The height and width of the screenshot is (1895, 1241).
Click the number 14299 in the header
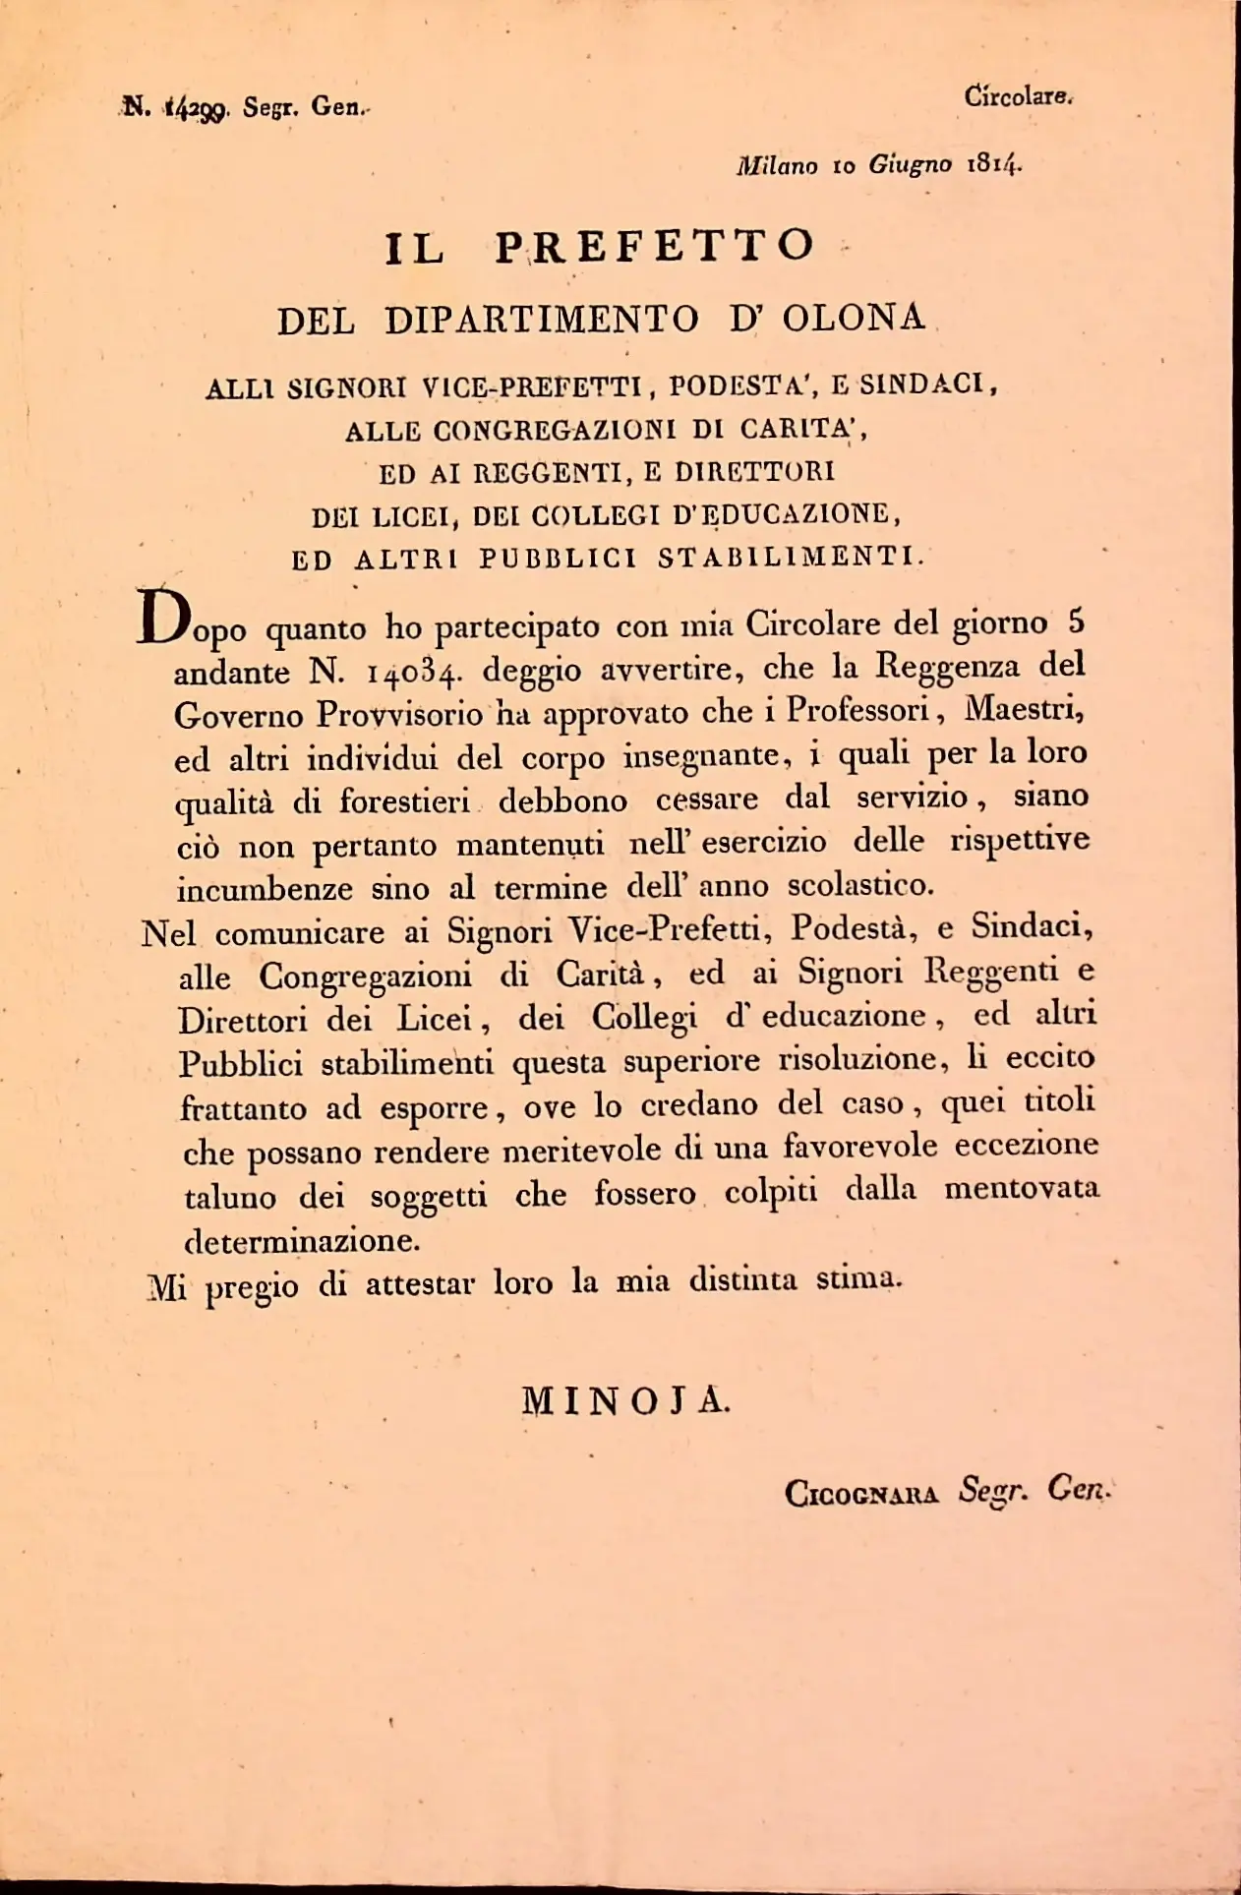pyautogui.click(x=197, y=108)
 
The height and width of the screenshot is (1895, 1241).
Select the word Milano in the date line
pyautogui.click(x=777, y=165)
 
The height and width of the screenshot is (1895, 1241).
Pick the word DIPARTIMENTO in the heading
pyautogui.click(x=542, y=320)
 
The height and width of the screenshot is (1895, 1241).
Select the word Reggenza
pyautogui.click(x=948, y=667)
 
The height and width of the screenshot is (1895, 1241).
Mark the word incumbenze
pyautogui.click(x=265, y=889)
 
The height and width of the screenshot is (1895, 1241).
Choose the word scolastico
pyautogui.click(x=860, y=885)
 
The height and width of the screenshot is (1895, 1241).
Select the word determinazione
pyautogui.click(x=302, y=1240)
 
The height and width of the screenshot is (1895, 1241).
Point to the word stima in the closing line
pyautogui.click(x=857, y=1279)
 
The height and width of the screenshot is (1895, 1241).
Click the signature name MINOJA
pyautogui.click(x=625, y=1399)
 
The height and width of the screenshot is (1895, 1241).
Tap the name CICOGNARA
pyautogui.click(x=860, y=1494)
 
